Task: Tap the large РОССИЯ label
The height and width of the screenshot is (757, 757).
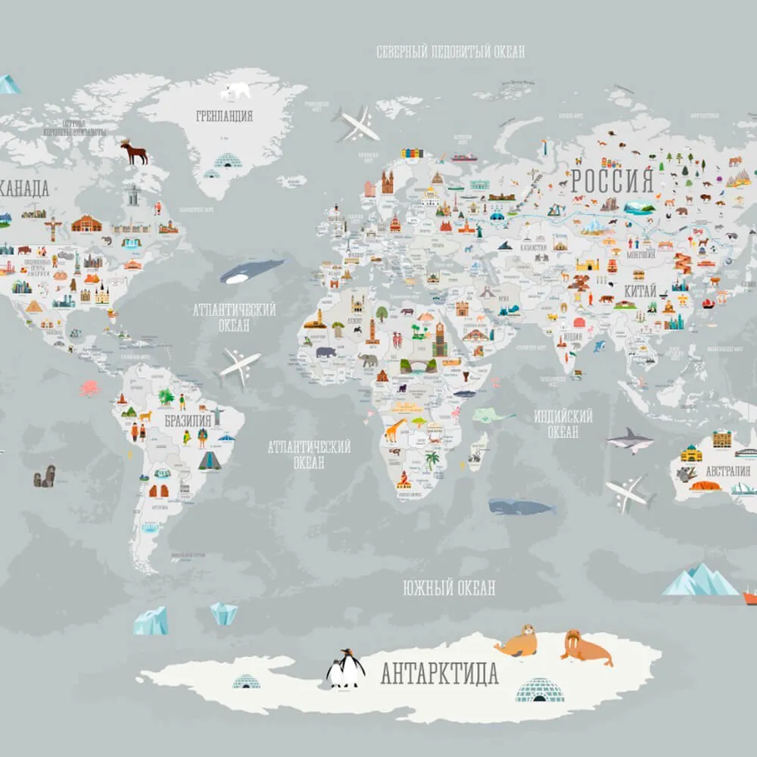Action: (x=612, y=182)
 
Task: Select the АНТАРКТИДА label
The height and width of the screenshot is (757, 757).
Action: (x=439, y=672)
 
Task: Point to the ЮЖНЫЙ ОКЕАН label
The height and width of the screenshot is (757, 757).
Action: (x=449, y=587)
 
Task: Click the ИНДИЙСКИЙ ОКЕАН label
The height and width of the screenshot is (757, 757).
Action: (x=562, y=424)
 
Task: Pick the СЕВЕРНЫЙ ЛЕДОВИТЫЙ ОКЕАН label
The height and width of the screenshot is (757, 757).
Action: (x=450, y=52)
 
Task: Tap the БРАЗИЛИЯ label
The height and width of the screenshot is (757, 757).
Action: (x=187, y=421)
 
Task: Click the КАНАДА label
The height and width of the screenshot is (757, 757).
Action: (x=25, y=188)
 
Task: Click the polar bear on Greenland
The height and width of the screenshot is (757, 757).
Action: (x=235, y=91)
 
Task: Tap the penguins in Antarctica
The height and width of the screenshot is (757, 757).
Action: (x=344, y=668)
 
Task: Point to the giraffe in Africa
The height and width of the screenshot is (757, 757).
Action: (x=395, y=431)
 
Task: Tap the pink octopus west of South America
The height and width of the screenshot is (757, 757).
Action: (x=89, y=388)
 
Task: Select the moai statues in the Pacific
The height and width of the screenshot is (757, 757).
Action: (x=44, y=476)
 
